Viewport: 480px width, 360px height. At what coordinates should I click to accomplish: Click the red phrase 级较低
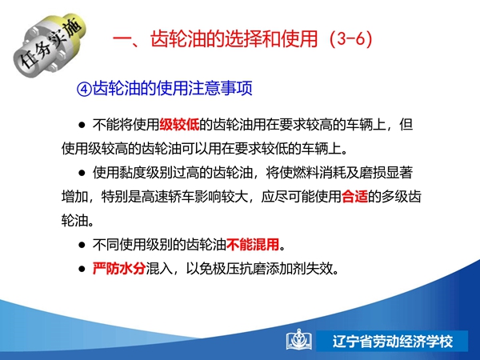[x=179, y=125]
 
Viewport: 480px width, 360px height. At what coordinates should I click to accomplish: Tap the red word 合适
[x=354, y=196]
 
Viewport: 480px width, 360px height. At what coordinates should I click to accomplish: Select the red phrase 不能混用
[x=253, y=245]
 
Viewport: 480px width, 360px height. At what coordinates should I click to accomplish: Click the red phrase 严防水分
[x=118, y=269]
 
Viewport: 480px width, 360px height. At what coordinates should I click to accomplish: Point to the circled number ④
[x=84, y=89]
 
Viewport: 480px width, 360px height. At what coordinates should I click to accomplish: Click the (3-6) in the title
[x=351, y=39]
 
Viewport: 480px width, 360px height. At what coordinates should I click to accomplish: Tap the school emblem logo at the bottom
[x=298, y=340]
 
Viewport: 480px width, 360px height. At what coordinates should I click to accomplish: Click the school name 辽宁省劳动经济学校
[x=393, y=342]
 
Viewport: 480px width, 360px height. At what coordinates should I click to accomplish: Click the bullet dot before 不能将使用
[x=82, y=125]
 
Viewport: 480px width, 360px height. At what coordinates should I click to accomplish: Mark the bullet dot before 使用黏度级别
[x=82, y=173]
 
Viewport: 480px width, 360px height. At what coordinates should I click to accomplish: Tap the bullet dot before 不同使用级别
[x=82, y=245]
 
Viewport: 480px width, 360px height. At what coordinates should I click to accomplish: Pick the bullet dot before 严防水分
[x=82, y=269]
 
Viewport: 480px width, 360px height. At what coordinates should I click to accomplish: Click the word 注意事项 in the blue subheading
[x=221, y=89]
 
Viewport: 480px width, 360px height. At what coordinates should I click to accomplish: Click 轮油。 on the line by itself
[x=78, y=221]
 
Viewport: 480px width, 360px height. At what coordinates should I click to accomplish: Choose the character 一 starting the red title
[x=122, y=40]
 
